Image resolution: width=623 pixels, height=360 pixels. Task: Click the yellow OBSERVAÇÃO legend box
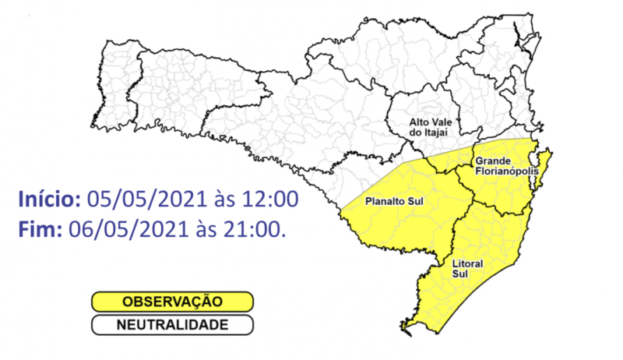click(172, 301)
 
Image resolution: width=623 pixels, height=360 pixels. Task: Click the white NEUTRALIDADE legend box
click(172, 324)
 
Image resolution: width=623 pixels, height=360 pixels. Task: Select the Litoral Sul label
click(467, 269)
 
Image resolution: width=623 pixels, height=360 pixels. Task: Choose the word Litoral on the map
click(467, 264)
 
